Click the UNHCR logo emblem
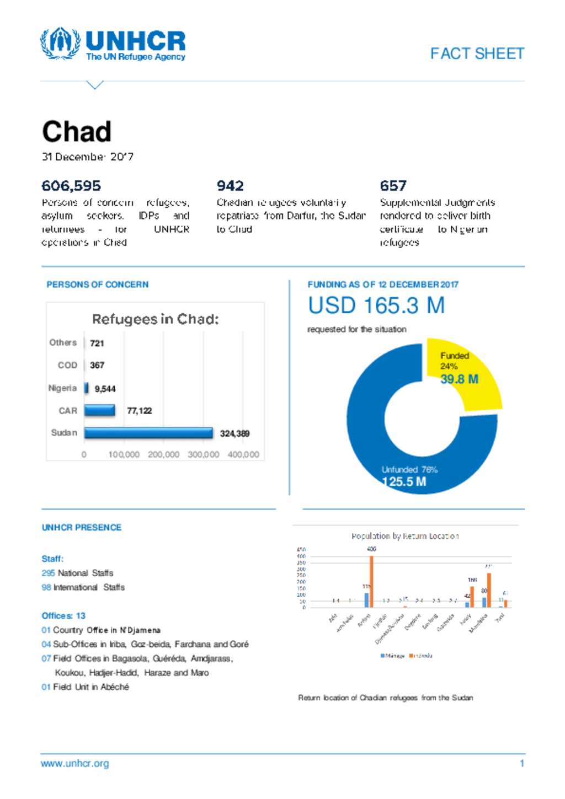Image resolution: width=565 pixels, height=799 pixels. point(60,44)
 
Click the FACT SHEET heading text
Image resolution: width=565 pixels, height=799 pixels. point(477,53)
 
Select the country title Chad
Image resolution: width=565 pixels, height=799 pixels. point(77,132)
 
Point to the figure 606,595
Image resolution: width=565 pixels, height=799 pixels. point(71,186)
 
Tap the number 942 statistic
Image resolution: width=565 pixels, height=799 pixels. point(230,186)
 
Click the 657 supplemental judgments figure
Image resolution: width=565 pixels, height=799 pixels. point(393,186)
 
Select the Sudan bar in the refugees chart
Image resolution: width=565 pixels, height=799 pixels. point(148,433)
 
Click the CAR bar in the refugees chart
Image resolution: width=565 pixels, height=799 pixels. point(99,410)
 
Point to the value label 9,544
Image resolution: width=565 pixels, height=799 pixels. point(105,389)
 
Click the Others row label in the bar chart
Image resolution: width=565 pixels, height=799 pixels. point(63,342)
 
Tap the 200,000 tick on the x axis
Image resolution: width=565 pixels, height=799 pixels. point(163,454)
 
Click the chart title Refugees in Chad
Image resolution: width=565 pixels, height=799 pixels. point(155,319)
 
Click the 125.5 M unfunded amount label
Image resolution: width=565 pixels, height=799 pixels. point(404,481)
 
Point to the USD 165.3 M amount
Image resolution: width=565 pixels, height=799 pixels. point(376,305)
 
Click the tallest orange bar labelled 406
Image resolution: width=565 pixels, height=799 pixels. point(371,581)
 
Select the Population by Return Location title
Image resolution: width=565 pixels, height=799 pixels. point(405,536)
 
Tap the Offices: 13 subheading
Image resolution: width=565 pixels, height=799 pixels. point(63,615)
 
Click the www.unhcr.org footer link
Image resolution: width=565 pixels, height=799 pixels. point(74,764)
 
